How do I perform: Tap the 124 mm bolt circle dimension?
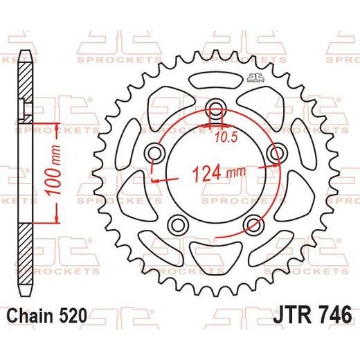pyautogui.click(x=219, y=174)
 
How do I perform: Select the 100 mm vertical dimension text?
pyautogui.click(x=53, y=170)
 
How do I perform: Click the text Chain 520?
pyautogui.click(x=48, y=316)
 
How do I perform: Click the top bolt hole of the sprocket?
pyautogui.click(x=216, y=107)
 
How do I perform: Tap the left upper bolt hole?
pyautogui.click(x=154, y=153)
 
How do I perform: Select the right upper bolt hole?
pyautogui.click(x=276, y=153)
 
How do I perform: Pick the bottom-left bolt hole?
pyautogui.click(x=177, y=224)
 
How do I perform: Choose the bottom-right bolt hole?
pyautogui.click(x=254, y=224)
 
